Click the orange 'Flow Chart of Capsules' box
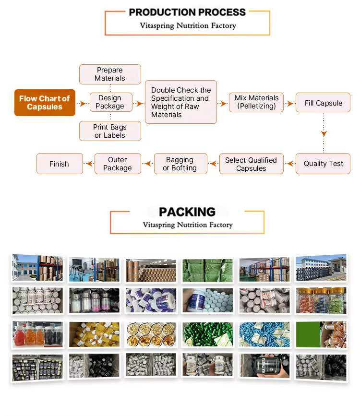click(x=45, y=103)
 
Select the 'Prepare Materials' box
click(x=110, y=74)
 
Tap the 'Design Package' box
click(x=110, y=102)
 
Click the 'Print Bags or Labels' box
click(x=110, y=131)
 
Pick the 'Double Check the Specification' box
click(x=181, y=102)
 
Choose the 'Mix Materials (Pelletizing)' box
click(x=256, y=102)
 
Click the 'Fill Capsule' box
click(x=323, y=103)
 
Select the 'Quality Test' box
click(x=323, y=164)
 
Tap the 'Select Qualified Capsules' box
click(x=251, y=164)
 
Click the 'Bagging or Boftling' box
click(x=180, y=164)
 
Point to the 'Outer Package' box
click(x=118, y=164)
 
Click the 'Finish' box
click(x=60, y=164)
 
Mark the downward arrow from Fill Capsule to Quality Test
click(x=324, y=133)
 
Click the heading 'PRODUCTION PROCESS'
click(x=187, y=12)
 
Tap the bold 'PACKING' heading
click(x=187, y=212)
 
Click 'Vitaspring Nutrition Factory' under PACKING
click(x=187, y=225)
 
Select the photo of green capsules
click(x=207, y=334)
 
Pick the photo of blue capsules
click(x=264, y=334)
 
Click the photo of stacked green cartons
click(x=207, y=270)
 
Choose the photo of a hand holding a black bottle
click(x=264, y=367)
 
